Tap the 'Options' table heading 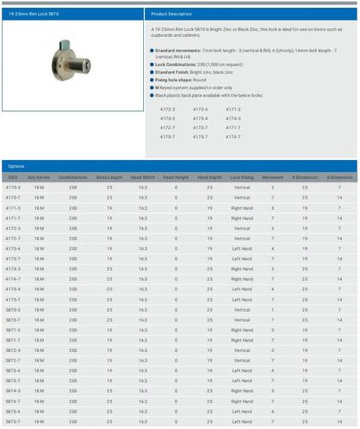coord(17,165)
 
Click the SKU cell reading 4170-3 coord(13,187)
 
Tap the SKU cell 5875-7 coord(13,422)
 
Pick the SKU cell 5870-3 coord(13,310)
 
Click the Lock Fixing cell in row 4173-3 coord(242,248)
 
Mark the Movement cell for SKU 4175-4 coord(273,289)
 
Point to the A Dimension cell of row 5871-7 coord(339,340)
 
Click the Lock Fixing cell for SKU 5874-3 coord(242,391)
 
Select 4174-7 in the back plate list coord(233,136)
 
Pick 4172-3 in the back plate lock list coord(167,109)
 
